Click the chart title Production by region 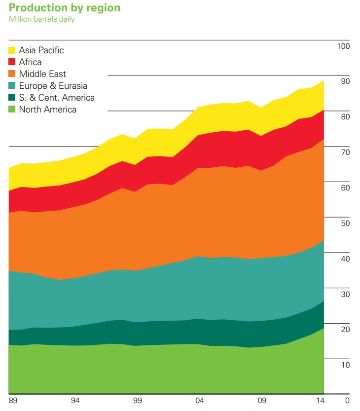pyautogui.click(x=65, y=8)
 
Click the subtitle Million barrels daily pyautogui.click(x=42, y=20)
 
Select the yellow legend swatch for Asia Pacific pyautogui.click(x=13, y=50)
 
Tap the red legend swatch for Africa pyautogui.click(x=13, y=62)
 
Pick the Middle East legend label pyautogui.click(x=42, y=74)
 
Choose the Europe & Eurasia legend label pyautogui.click(x=53, y=86)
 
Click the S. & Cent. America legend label pyautogui.click(x=57, y=98)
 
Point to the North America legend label pyautogui.click(x=47, y=110)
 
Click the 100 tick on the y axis pyautogui.click(x=343, y=46)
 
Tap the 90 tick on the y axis pyautogui.click(x=345, y=81)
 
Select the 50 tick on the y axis pyautogui.click(x=345, y=224)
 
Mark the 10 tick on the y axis pyautogui.click(x=345, y=365)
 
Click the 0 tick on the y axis pyautogui.click(x=347, y=400)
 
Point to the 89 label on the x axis pyautogui.click(x=13, y=400)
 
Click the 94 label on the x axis pyautogui.click(x=75, y=400)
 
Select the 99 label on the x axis pyautogui.click(x=138, y=400)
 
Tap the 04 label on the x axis pyautogui.click(x=200, y=400)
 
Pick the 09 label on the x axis pyautogui.click(x=262, y=400)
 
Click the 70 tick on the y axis pyautogui.click(x=345, y=152)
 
